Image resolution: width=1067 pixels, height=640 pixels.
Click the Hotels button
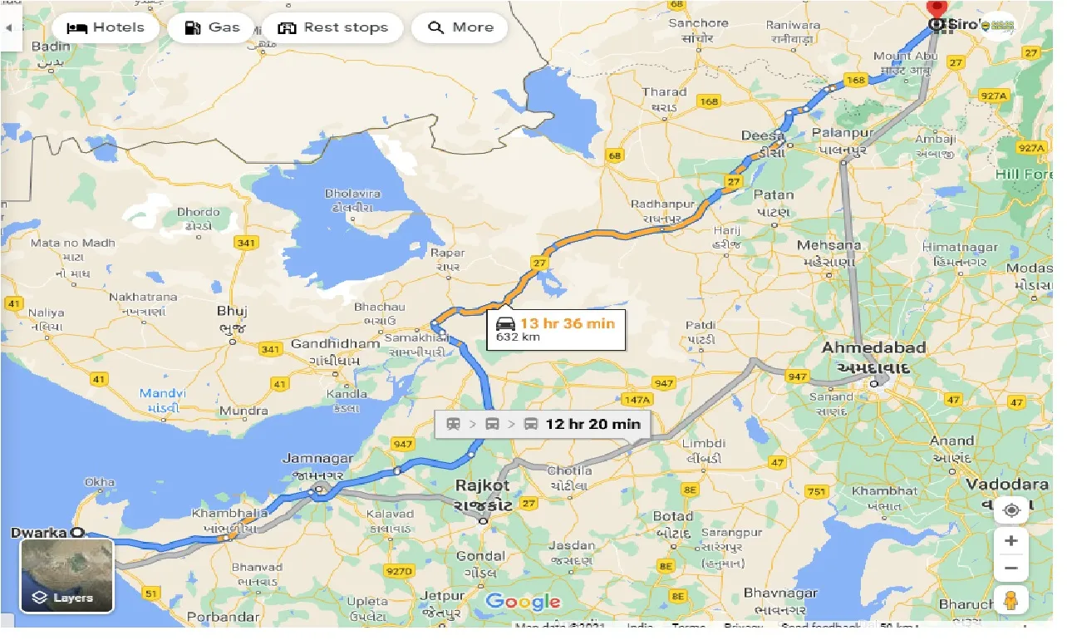(x=106, y=27)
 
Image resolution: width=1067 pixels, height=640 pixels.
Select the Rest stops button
(x=332, y=27)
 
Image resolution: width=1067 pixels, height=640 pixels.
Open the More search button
(x=460, y=27)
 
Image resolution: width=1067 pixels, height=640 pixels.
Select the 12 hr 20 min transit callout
(x=543, y=424)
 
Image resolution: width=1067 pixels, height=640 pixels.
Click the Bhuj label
(x=232, y=311)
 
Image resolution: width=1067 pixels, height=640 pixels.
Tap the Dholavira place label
(x=352, y=194)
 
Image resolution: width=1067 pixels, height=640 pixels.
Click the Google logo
(x=523, y=602)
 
